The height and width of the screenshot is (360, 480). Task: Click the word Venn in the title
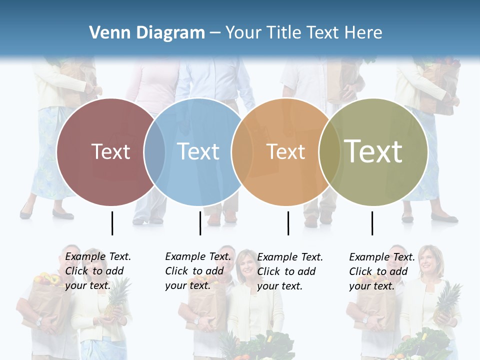[x=106, y=33]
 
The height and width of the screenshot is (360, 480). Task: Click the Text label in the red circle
[x=110, y=151]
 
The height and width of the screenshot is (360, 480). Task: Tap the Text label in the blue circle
[x=198, y=151]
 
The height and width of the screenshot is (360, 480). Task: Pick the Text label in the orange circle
[x=285, y=151]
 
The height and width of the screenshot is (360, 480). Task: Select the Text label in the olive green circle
[x=373, y=151]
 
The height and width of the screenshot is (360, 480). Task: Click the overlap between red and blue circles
[x=154, y=151]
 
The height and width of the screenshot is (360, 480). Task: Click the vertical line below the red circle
[x=112, y=223]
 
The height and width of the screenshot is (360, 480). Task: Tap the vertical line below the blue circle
[x=200, y=223]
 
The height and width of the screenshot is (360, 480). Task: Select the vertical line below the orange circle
[x=288, y=223]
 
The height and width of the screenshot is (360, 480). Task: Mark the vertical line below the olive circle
[x=372, y=223]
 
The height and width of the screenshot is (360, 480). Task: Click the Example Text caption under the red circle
[x=97, y=271]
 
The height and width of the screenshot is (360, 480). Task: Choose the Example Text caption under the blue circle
[x=197, y=271]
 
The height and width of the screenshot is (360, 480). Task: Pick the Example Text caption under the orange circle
[x=289, y=271]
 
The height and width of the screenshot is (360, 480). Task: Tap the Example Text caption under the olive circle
[x=381, y=271]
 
